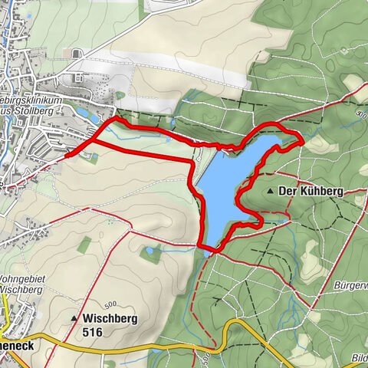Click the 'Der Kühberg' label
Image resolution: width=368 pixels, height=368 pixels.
(x=310, y=189)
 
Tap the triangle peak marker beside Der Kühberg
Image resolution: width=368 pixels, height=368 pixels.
(x=271, y=189)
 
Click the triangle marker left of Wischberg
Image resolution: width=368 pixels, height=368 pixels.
(x=74, y=318)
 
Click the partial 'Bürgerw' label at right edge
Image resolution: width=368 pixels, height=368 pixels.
(x=351, y=284)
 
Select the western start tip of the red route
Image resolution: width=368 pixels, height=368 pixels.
(x=67, y=155)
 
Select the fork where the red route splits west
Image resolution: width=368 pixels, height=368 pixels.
(x=92, y=141)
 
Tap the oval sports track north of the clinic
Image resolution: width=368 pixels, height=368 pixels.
(x=75, y=54)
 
